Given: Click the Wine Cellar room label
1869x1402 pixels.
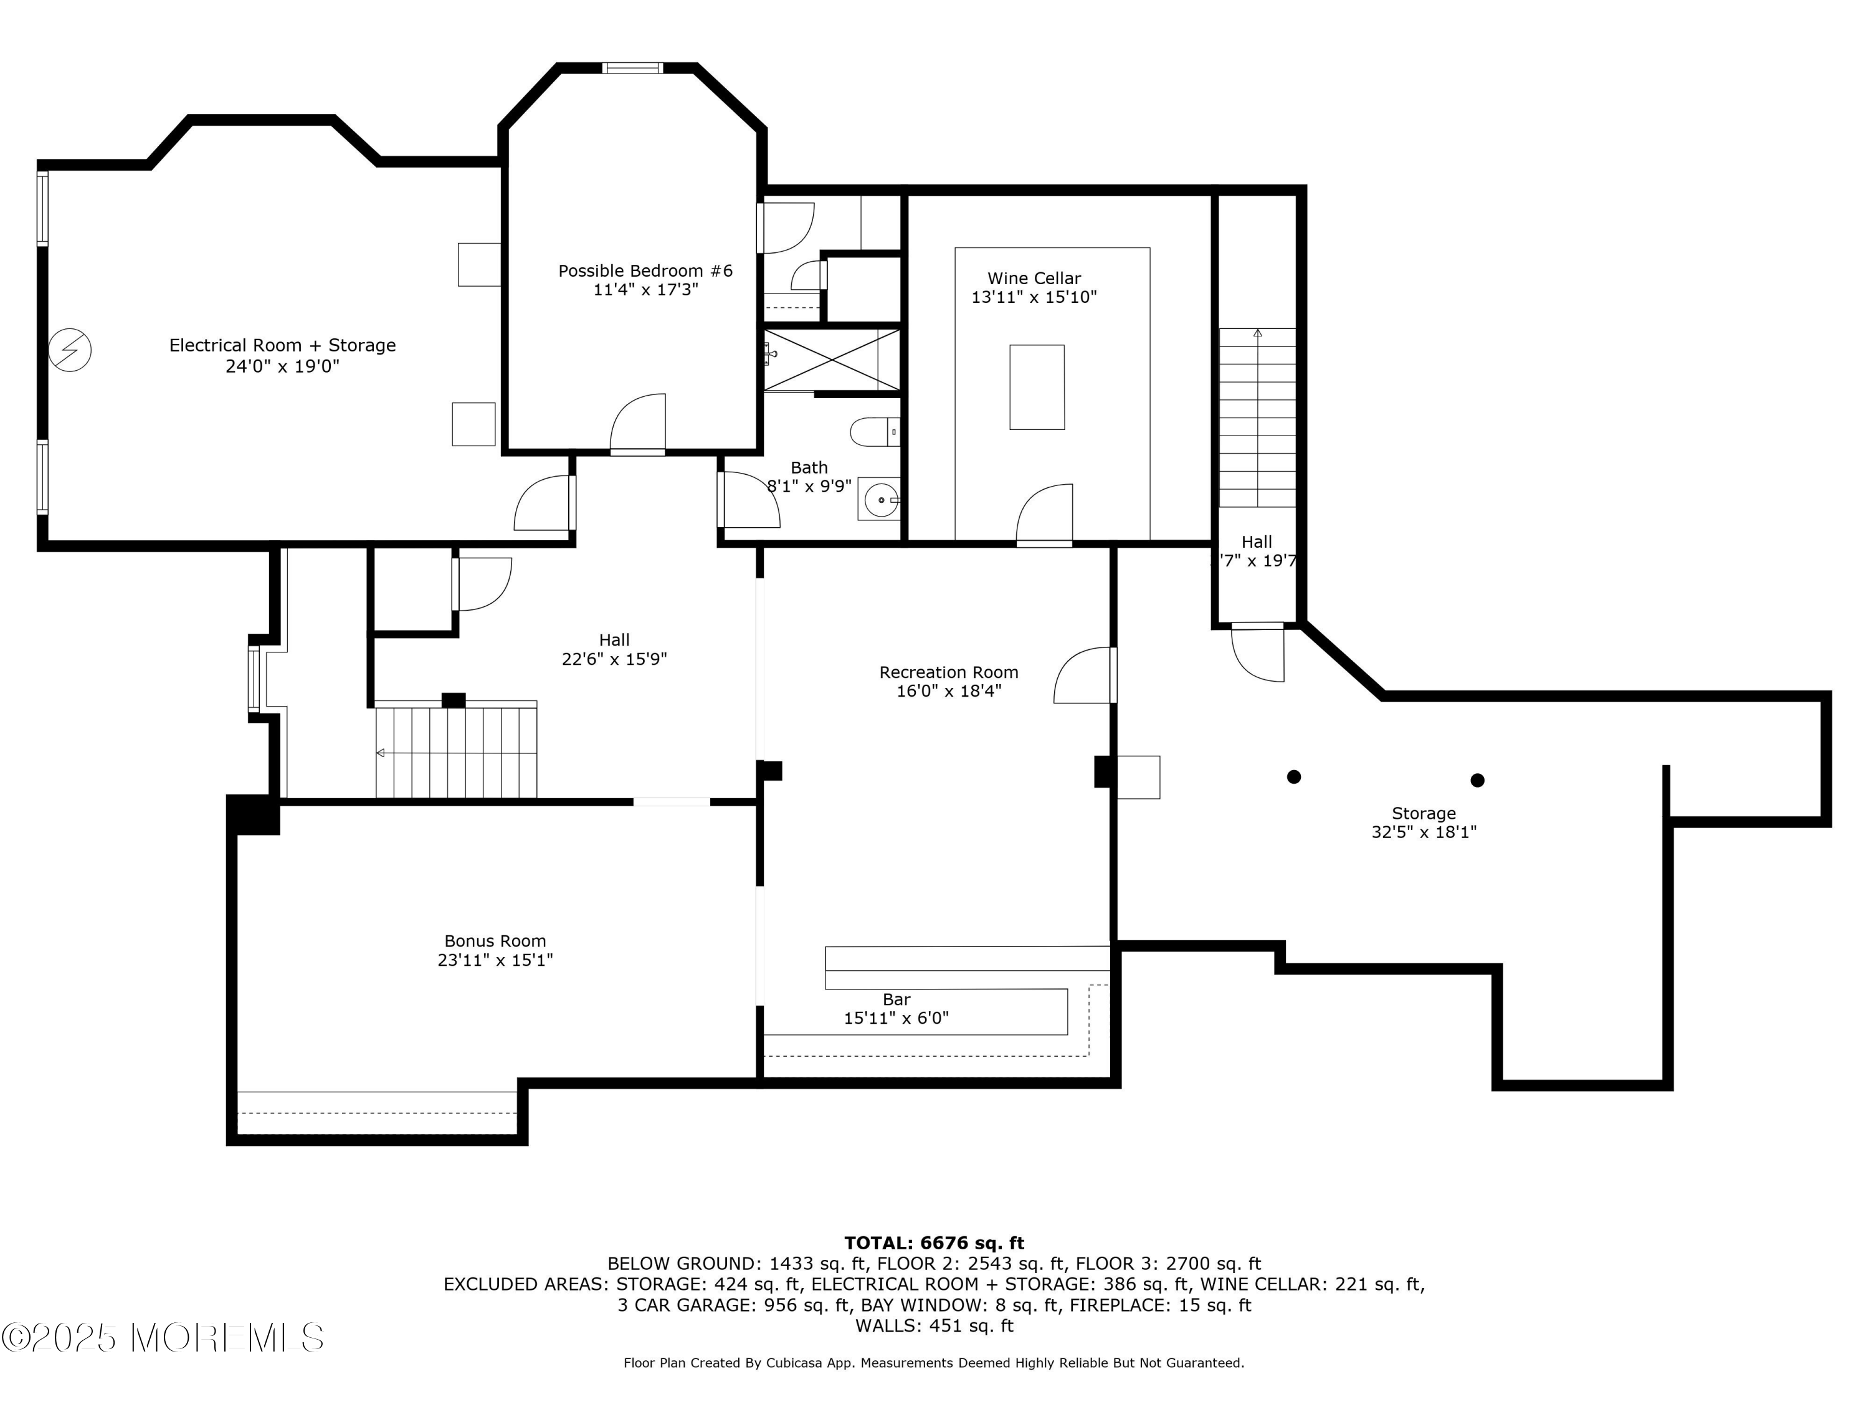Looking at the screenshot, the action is (1034, 278).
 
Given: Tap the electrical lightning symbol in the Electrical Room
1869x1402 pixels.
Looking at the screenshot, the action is (70, 349).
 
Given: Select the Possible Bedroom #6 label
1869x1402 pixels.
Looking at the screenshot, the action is (645, 271).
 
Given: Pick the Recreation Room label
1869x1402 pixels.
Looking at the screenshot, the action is (949, 672).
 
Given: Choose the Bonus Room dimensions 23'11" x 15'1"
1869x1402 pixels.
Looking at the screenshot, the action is (495, 960).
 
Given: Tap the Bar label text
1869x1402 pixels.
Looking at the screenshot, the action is (896, 999).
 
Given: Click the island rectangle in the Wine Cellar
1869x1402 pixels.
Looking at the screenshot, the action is (1037, 387).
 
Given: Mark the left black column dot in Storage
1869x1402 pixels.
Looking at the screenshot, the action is (1293, 776).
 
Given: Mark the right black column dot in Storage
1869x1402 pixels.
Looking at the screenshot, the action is (1477, 780).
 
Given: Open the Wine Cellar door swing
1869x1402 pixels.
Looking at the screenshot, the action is (1044, 514).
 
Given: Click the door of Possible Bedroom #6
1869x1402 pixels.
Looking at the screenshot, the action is (638, 422).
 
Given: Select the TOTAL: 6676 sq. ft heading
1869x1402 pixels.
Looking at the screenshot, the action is (934, 1242).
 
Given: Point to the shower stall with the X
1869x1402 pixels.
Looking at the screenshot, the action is (832, 361).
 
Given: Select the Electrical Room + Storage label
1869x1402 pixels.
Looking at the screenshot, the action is (282, 345).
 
